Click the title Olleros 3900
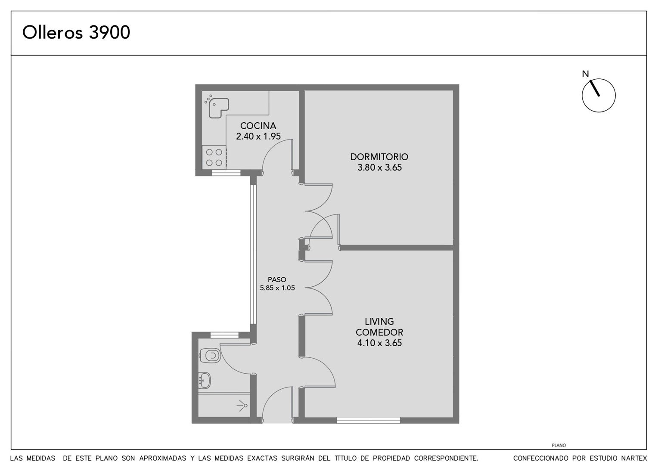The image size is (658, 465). [76, 32]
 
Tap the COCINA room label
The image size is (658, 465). [258, 126]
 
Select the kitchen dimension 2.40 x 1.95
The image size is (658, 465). [258, 136]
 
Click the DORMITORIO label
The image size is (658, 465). [379, 157]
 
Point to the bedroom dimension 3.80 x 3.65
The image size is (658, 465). [379, 167]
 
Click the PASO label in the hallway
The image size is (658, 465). [277, 280]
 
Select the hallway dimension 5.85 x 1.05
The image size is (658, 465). [277, 288]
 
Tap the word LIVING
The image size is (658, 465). [379, 321]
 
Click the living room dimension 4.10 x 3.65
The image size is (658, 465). [379, 343]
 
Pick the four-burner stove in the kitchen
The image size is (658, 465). [214, 157]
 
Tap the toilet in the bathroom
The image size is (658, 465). [210, 356]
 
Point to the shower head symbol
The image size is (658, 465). [242, 406]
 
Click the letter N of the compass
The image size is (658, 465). [586, 74]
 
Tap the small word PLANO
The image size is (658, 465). [559, 445]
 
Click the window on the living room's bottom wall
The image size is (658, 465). [368, 421]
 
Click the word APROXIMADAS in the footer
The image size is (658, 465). [163, 458]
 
